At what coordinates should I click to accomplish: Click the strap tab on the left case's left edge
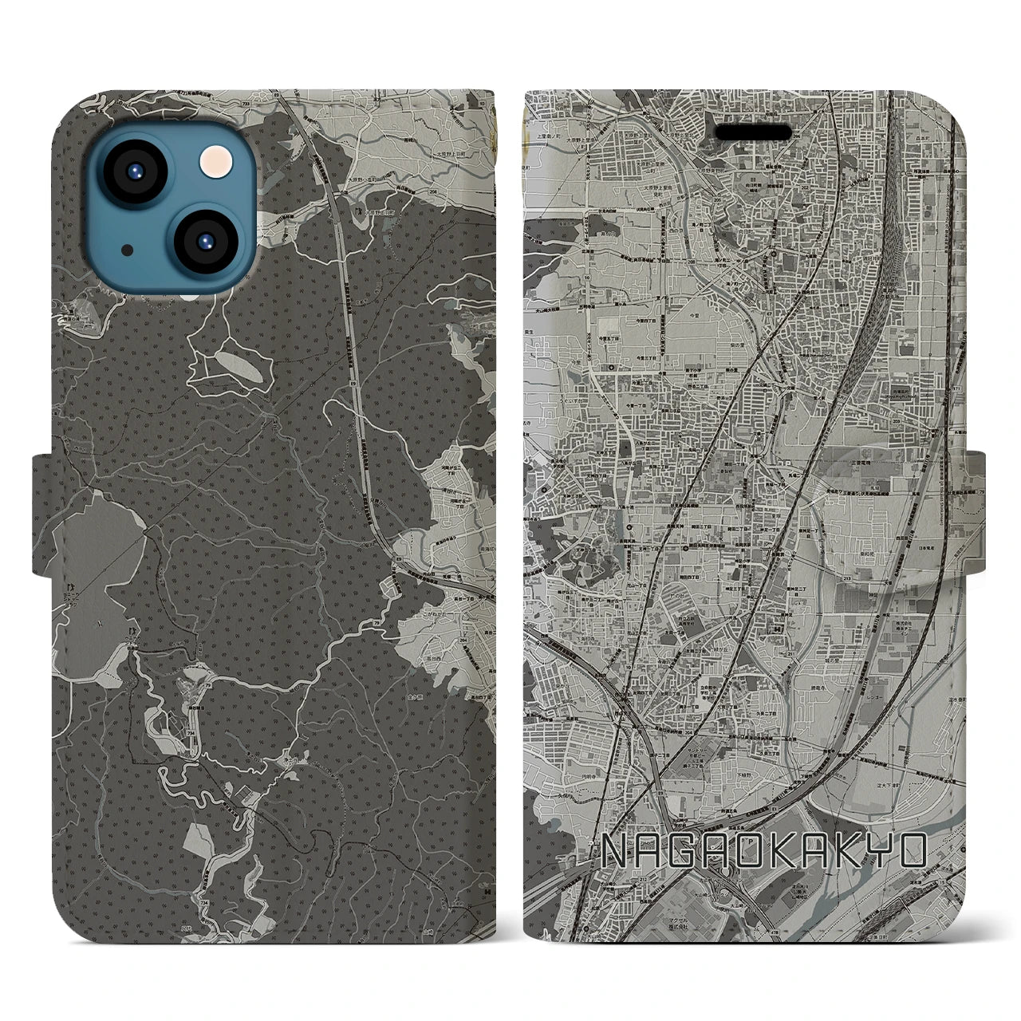point(41,514)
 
